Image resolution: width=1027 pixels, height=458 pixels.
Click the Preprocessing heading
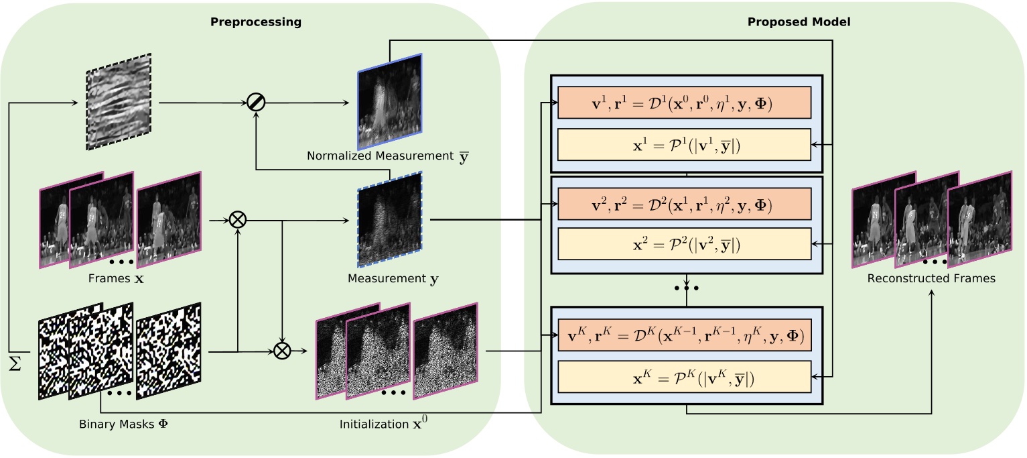point(256,22)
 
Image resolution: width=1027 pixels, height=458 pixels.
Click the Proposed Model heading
point(799,22)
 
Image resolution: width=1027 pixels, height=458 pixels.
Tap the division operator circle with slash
point(256,103)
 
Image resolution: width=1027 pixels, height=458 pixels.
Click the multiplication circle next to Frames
point(237,219)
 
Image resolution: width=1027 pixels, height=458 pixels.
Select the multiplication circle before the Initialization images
point(282,351)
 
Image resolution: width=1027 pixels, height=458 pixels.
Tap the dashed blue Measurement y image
point(390,219)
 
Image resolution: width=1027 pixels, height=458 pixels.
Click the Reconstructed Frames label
point(931,278)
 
